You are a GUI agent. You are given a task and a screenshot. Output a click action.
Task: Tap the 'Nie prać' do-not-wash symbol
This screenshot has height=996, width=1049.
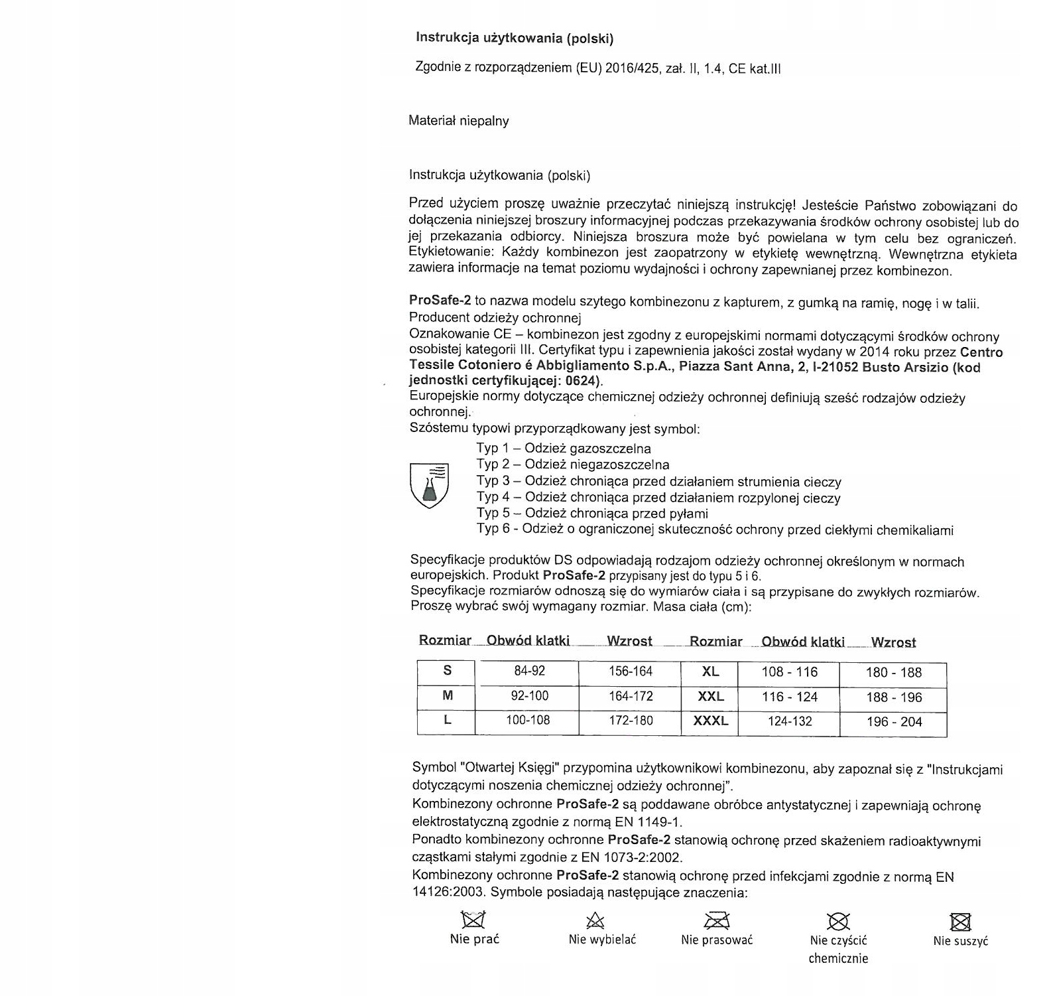click(x=473, y=920)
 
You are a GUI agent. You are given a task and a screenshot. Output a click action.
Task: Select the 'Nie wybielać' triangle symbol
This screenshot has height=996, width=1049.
click(x=595, y=920)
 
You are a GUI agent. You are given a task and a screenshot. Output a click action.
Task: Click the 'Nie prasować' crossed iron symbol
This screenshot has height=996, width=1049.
click(x=716, y=920)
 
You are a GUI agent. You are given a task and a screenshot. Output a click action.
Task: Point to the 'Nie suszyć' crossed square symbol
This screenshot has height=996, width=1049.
click(x=960, y=922)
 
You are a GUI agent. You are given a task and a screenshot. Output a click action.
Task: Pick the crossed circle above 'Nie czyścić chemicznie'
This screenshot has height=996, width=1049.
click(x=838, y=921)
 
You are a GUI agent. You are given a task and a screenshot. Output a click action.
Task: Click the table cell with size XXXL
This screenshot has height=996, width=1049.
click(x=710, y=721)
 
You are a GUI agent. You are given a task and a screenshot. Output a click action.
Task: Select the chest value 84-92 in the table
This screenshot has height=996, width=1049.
click(x=529, y=671)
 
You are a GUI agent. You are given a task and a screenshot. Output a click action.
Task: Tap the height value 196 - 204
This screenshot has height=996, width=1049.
click(x=894, y=722)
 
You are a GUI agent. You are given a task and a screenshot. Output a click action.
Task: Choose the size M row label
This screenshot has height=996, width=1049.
click(x=447, y=695)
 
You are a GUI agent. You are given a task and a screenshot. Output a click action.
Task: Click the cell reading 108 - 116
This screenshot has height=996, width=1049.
click(x=789, y=672)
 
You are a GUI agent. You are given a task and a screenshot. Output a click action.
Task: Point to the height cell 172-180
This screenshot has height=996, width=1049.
click(x=631, y=721)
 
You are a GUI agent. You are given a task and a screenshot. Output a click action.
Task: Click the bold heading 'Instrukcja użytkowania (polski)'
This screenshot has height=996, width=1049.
click(x=515, y=38)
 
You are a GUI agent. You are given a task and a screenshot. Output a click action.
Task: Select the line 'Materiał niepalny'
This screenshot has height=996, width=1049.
click(x=459, y=121)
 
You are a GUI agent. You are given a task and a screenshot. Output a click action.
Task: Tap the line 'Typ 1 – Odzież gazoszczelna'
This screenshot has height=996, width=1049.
click(x=564, y=449)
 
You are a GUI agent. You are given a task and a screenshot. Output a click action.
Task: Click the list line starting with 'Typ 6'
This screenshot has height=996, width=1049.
click(x=715, y=530)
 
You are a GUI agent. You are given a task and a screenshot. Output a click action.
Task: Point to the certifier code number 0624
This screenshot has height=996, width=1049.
click(x=582, y=381)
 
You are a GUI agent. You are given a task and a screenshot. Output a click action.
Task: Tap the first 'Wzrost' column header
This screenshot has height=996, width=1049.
click(x=629, y=641)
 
